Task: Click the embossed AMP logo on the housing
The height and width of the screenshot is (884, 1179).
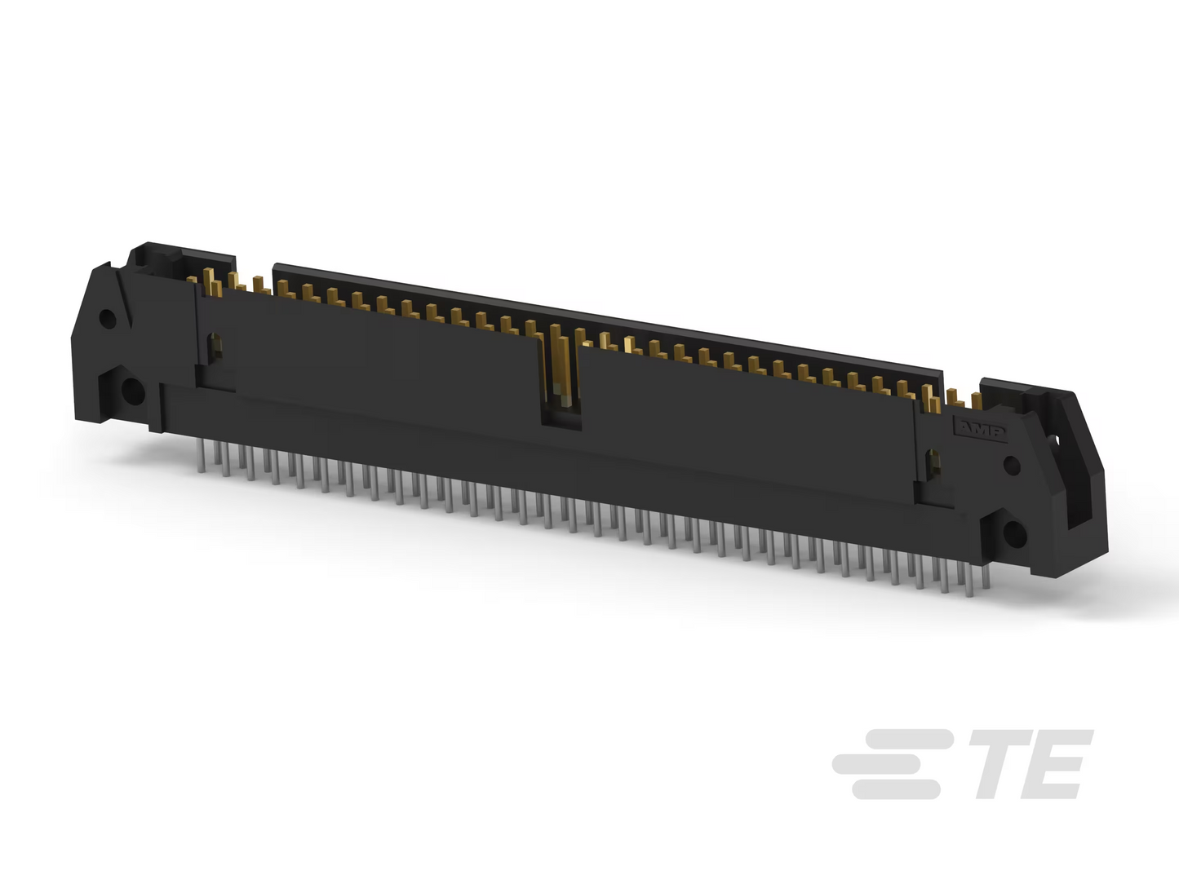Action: (x=980, y=430)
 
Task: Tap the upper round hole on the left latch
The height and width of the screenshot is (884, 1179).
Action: (x=108, y=319)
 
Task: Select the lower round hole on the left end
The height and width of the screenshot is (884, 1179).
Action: (x=132, y=391)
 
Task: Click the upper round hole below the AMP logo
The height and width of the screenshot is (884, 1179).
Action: (x=1012, y=466)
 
